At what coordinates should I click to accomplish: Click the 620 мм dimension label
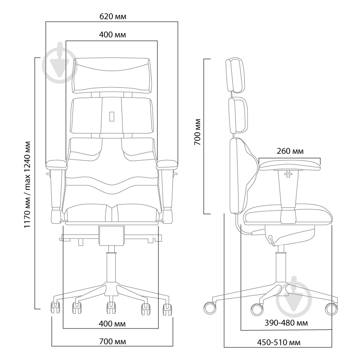113,17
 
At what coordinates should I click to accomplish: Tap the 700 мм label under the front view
112,342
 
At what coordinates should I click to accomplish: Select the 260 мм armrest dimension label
290,151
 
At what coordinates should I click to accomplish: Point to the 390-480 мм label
286,323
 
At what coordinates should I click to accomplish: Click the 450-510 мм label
279,342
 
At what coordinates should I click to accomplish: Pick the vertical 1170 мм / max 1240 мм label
27,184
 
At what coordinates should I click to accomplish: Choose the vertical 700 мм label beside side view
197,132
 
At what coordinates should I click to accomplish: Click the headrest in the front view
112,76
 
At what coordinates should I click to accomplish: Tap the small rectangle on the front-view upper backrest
112,116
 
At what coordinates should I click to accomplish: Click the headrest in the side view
235,75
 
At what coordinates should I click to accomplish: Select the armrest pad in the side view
289,166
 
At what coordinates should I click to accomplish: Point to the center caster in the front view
111,307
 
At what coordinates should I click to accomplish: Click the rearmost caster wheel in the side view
210,308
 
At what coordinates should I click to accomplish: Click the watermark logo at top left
59,63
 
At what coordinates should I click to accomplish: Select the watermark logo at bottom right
294,297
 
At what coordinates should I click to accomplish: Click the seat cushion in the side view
288,215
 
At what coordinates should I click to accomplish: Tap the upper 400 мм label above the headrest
112,35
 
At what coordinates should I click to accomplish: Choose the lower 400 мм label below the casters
112,324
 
